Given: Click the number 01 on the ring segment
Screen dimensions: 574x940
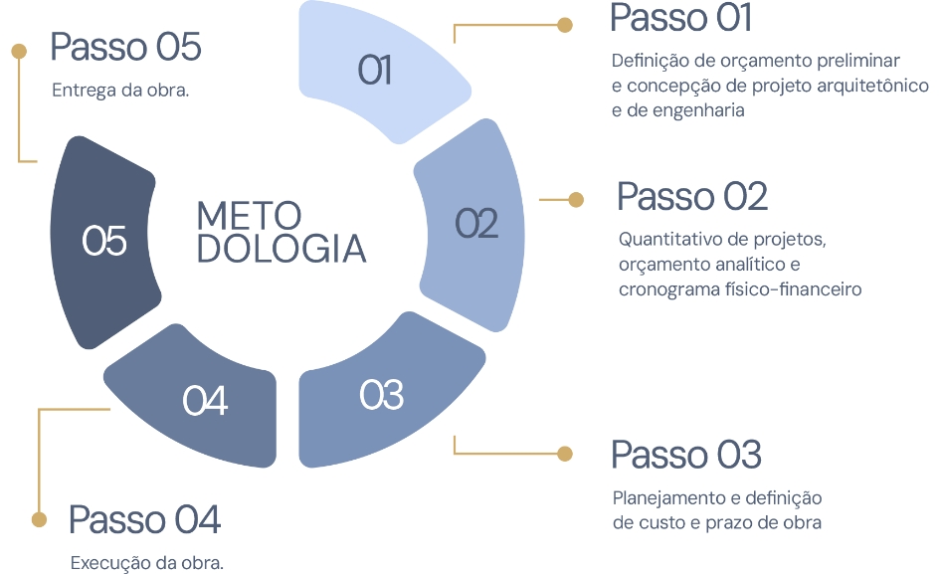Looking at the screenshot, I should point(374,71).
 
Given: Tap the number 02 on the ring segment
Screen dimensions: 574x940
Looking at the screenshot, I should point(476,224).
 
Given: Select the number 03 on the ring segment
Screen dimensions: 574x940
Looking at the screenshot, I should point(381,395).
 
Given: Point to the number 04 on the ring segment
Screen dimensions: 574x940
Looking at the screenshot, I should point(205,401).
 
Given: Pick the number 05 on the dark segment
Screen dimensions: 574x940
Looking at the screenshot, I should point(104,241).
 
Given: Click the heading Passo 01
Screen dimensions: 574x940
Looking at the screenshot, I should point(680,18).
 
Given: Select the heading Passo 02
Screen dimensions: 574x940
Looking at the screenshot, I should point(692,196).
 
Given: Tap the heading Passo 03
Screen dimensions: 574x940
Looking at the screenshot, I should point(685,454).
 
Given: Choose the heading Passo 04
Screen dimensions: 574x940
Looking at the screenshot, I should point(144,519).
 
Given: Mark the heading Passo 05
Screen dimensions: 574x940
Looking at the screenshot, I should point(126,47).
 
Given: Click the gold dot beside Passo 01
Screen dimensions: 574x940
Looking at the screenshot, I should point(565,24).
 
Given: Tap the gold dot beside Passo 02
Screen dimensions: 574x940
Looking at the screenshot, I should point(576,200).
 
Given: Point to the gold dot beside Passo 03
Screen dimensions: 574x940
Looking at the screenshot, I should point(565,454).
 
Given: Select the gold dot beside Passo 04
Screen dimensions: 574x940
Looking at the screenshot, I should point(39,519).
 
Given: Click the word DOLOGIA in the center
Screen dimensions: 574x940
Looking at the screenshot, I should point(282,249).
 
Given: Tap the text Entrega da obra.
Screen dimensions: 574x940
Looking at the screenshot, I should point(120,90).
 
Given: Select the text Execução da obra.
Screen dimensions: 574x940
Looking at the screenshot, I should point(147,563).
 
